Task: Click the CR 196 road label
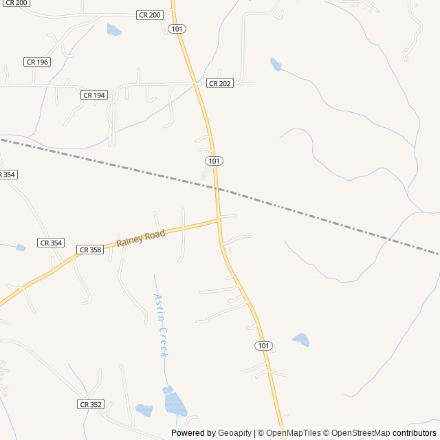click(37, 62)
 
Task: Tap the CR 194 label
click(94, 95)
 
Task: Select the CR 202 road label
click(220, 83)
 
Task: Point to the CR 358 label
click(90, 250)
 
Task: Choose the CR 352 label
click(90, 404)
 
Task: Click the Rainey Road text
click(141, 239)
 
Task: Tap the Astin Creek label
click(160, 325)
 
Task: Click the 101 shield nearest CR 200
click(177, 29)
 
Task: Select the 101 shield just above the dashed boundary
click(214, 160)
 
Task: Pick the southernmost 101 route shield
click(263, 345)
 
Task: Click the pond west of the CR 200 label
click(114, 30)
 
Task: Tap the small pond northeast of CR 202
click(276, 65)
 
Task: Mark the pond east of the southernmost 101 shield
click(301, 340)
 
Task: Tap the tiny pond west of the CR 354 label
click(21, 247)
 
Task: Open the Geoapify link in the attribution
click(234, 433)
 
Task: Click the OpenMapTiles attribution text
click(294, 433)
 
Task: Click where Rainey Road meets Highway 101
click(219, 220)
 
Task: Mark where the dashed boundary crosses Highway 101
click(216, 187)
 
